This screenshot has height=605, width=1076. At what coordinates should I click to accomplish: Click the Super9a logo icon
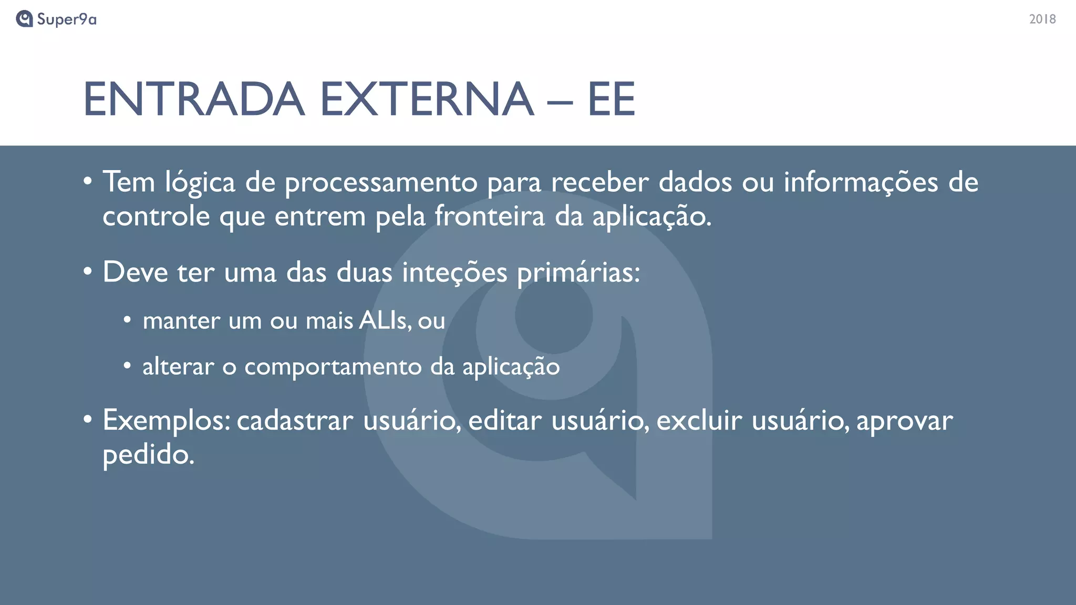pyautogui.click(x=24, y=19)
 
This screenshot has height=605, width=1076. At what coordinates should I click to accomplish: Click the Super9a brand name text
pyautogui.click(x=67, y=19)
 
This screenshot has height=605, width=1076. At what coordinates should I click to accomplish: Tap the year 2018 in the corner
pyautogui.click(x=1042, y=19)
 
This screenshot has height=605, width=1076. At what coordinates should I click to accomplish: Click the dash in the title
pyautogui.click(x=560, y=101)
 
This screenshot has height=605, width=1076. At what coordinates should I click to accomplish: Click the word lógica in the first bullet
pyautogui.click(x=200, y=183)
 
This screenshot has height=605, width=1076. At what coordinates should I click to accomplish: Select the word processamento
pyautogui.click(x=381, y=183)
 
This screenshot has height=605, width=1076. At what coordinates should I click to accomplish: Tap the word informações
pyautogui.click(x=861, y=183)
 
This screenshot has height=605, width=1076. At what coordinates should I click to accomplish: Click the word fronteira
pyautogui.click(x=490, y=216)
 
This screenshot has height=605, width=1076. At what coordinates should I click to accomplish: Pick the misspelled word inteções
pyautogui.click(x=454, y=273)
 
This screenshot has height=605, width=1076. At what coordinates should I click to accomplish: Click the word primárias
pyautogui.click(x=578, y=273)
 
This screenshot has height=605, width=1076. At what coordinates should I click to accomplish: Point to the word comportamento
pyautogui.click(x=333, y=367)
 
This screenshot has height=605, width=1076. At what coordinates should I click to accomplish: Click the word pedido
pyautogui.click(x=148, y=454)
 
